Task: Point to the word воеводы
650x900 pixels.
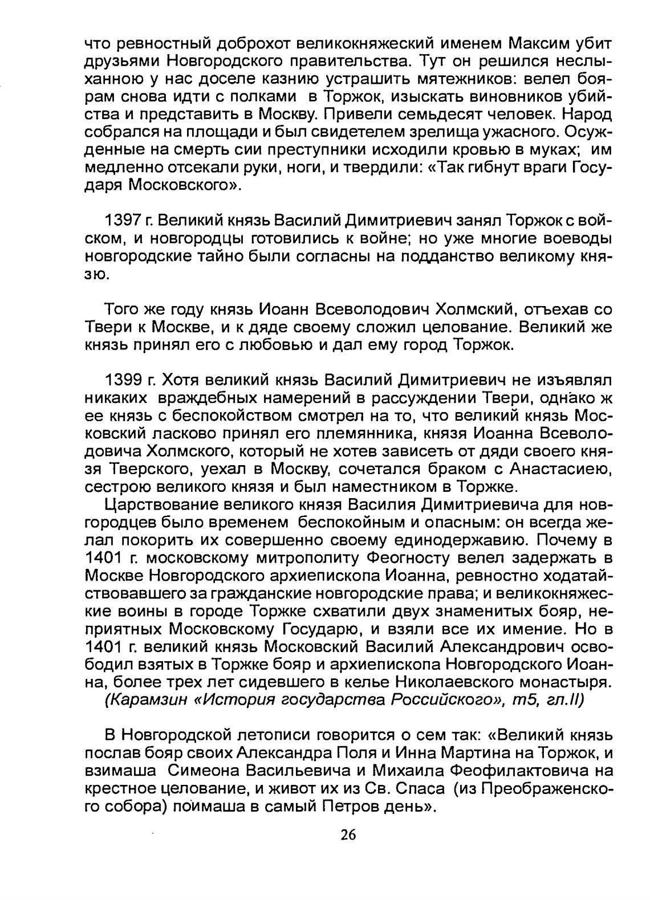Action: [x=575, y=238]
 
